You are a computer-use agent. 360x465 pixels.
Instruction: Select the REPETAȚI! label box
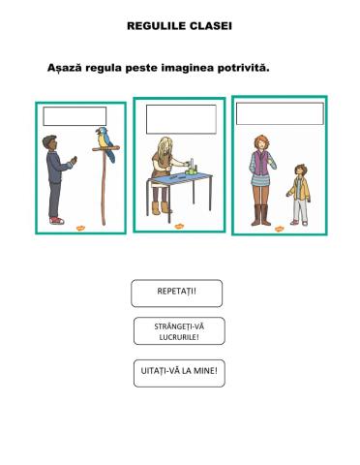[177, 292]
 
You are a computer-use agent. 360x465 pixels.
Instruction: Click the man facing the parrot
[55, 176]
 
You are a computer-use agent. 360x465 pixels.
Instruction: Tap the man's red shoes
[55, 221]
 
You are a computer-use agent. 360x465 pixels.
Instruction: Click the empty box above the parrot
[75, 117]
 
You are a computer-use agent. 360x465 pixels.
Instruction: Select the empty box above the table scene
[181, 118]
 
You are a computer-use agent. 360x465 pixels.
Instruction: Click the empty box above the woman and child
[279, 113]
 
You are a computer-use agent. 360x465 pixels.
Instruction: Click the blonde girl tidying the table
[160, 170]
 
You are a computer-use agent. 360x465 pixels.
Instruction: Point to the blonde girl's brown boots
[160, 204]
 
